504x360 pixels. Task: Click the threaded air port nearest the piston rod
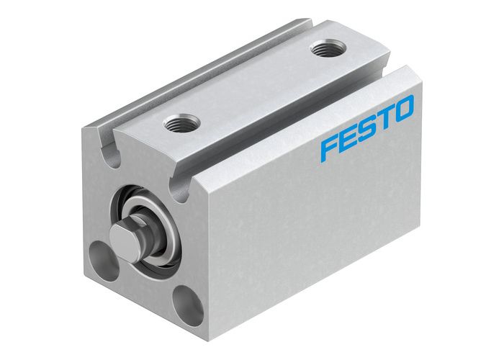click(x=176, y=124)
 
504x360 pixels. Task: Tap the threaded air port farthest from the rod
click(x=323, y=50)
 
